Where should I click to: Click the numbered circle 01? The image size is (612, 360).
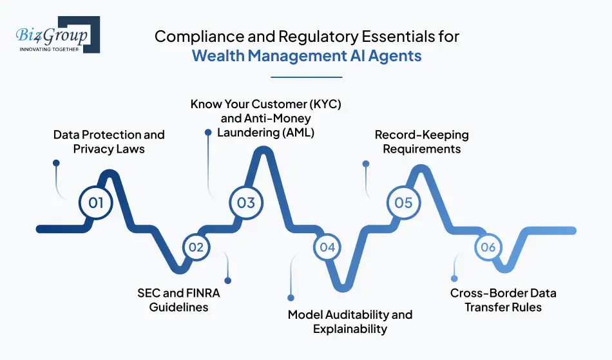(x=95, y=203)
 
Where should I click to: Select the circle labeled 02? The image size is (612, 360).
(x=196, y=247)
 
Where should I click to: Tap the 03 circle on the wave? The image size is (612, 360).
(x=246, y=203)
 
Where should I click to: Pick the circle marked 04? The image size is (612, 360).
(x=327, y=247)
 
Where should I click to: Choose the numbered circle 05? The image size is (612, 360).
(x=403, y=203)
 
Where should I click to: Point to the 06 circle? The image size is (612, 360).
(x=488, y=247)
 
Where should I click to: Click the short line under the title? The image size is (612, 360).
(x=306, y=77)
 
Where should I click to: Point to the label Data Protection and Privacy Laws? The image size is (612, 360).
(x=109, y=142)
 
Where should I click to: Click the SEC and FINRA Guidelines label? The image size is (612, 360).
(x=178, y=300)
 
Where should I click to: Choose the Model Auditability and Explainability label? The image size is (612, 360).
(x=350, y=321)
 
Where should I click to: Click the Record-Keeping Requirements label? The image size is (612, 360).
(x=422, y=142)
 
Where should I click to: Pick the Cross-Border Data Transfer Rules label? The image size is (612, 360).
(x=503, y=300)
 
